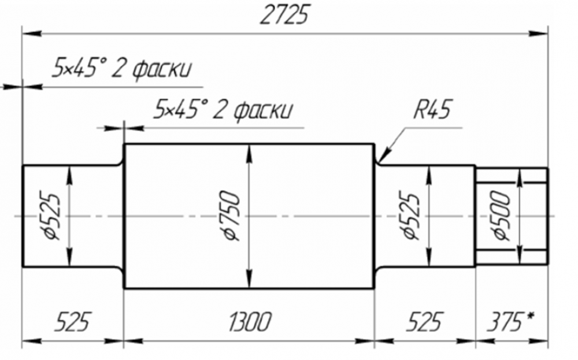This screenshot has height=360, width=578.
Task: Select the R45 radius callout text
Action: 432,109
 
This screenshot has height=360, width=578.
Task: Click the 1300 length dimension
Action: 249,321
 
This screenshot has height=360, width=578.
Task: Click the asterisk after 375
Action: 530,317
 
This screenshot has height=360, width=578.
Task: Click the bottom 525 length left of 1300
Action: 73,321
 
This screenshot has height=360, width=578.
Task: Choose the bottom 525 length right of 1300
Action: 424,321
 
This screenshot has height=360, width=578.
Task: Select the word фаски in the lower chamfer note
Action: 263,109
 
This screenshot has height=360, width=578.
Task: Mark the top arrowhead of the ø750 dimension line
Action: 249,150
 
